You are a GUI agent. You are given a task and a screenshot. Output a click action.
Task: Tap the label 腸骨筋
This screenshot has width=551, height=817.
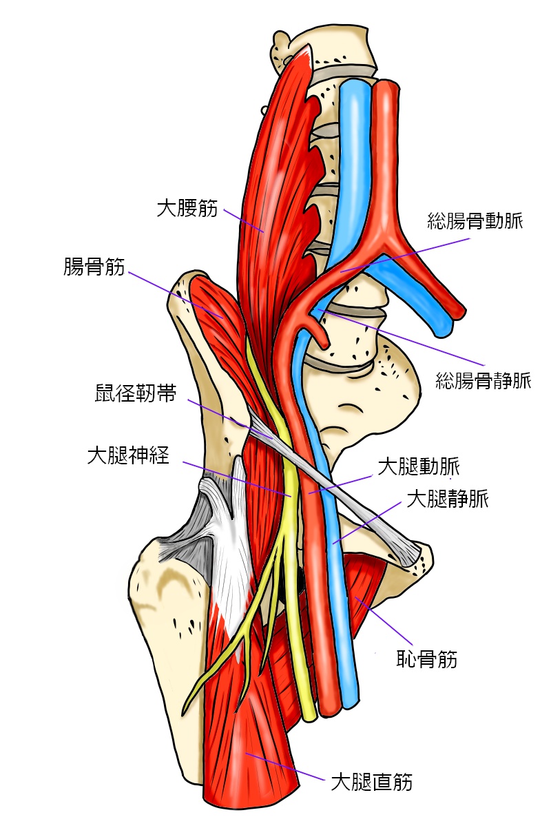[x=94, y=267]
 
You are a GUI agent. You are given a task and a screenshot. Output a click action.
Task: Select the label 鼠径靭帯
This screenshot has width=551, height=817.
[x=134, y=395]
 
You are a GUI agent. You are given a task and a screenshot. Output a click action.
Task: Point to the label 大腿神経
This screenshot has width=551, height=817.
[x=128, y=455]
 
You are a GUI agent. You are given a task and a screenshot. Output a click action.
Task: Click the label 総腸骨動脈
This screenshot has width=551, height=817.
[x=475, y=222]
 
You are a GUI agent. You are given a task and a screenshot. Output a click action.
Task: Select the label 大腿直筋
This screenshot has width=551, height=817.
[x=372, y=782]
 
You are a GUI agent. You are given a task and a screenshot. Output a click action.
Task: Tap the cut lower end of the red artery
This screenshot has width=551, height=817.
[x=329, y=707]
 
